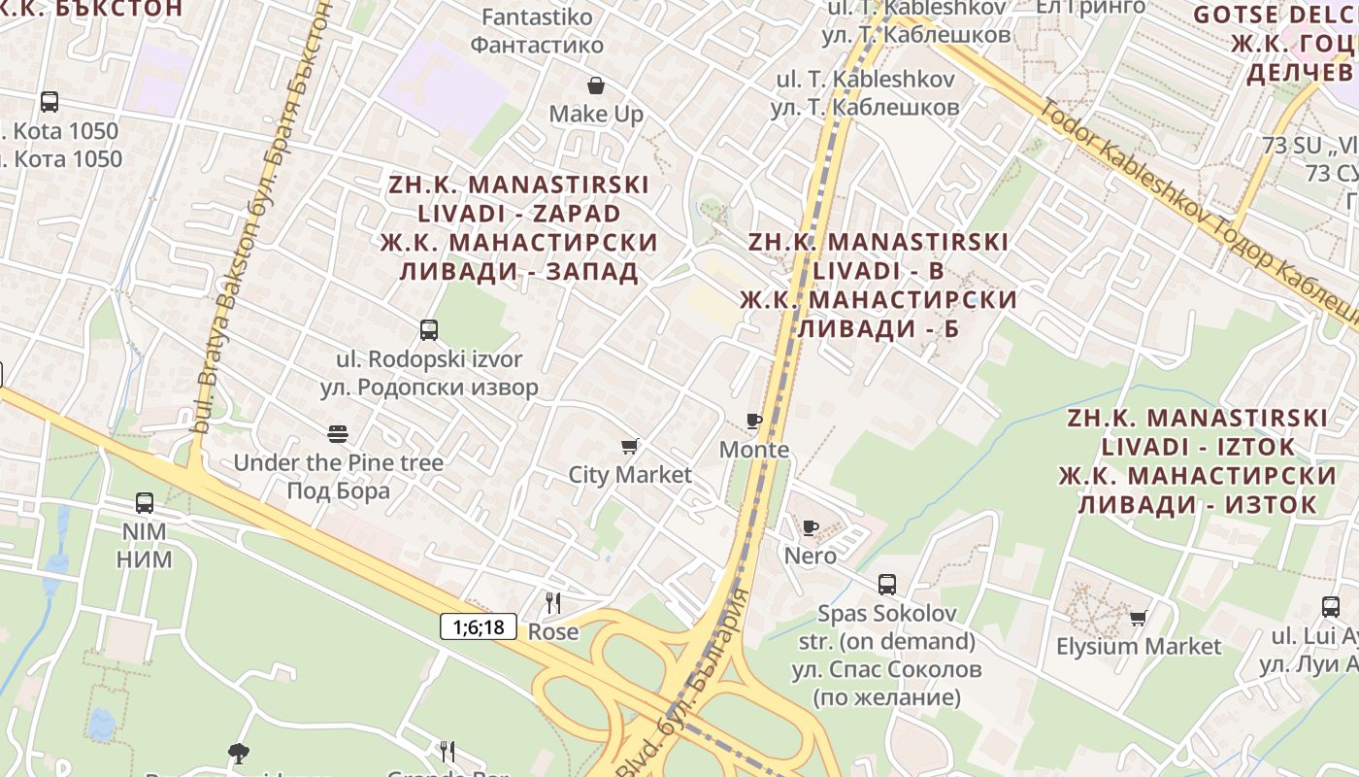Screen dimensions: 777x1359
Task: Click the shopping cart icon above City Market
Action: point(630,447)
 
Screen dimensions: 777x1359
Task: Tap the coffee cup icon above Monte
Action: point(753,422)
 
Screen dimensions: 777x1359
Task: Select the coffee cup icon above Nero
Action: point(811,527)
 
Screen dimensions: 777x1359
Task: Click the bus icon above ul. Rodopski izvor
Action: point(429,330)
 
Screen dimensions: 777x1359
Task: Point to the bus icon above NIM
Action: point(145,503)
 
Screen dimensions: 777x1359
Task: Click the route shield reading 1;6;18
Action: point(479,626)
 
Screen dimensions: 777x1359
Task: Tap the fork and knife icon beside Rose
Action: point(552,603)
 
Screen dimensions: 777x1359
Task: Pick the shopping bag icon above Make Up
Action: point(596,85)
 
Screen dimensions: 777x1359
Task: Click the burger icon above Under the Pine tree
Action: point(338,433)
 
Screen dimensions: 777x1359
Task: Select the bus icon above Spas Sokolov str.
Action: point(887,585)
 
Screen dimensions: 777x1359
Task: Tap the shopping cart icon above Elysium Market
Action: point(1139,618)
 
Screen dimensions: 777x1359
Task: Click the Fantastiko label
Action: point(537,17)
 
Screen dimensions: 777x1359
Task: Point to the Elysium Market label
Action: point(1139,647)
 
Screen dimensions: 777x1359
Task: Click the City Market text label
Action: point(630,475)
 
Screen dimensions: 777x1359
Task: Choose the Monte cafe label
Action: point(754,450)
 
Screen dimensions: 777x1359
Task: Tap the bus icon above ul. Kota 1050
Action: point(50,102)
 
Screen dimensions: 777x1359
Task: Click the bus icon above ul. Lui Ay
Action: point(1331,607)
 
